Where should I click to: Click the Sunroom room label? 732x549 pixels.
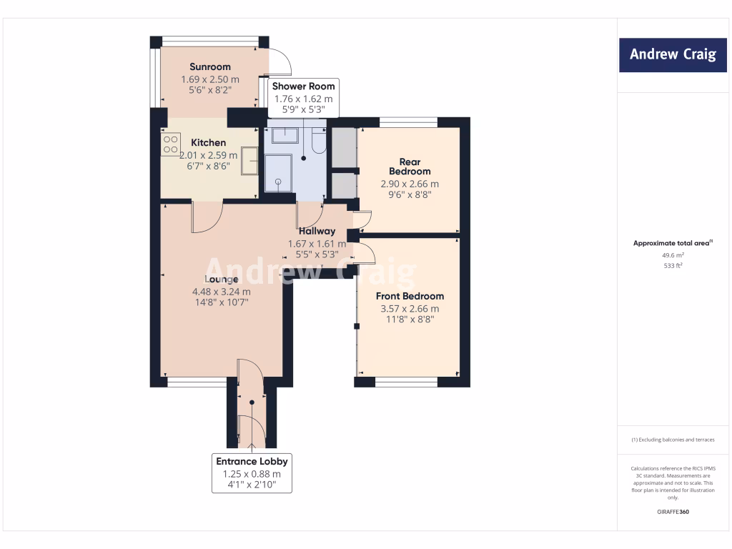209,67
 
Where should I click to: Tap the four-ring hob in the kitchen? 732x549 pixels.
171,145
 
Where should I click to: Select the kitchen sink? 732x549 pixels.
250,160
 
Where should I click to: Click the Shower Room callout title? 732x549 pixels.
303,86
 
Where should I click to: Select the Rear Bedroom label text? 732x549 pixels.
410,166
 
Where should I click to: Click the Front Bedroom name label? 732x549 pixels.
410,296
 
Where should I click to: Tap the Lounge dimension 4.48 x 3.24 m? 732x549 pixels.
221,292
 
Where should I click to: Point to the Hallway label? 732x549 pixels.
316,231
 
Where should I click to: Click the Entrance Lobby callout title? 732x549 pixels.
252,462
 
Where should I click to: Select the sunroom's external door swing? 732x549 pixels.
280,61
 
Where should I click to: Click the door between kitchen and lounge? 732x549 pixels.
208,217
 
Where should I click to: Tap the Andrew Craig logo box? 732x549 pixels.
672,55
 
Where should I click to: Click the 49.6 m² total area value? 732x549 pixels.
672,255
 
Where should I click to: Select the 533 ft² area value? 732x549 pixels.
672,266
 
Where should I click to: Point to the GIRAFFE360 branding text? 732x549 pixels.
672,512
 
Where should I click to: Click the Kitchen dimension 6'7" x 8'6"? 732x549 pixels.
209,165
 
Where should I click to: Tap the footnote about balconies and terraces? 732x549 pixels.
672,440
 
